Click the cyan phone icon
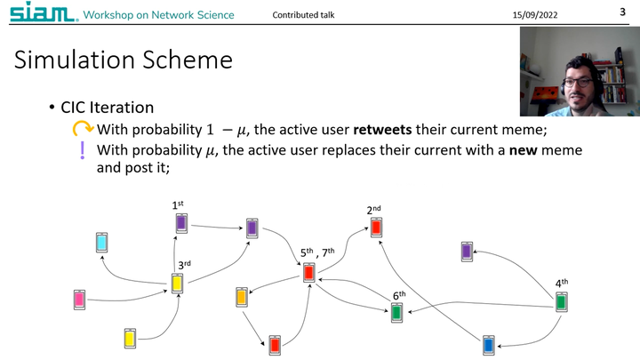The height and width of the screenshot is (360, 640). [x=102, y=242]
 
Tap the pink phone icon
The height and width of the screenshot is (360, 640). [x=80, y=300]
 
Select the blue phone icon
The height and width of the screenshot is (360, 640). [x=487, y=345]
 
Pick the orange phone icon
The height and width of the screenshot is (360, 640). [x=241, y=297]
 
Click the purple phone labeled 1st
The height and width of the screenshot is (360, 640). [x=181, y=223]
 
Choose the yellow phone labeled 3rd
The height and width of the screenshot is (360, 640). [x=178, y=284]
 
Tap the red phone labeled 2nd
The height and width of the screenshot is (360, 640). [x=376, y=228]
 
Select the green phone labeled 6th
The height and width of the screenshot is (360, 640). [x=396, y=312]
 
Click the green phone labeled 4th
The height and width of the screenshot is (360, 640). [x=561, y=302]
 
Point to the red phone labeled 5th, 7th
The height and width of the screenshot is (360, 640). [x=309, y=273]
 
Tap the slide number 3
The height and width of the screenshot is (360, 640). [x=622, y=12]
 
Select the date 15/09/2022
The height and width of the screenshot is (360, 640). [x=536, y=15]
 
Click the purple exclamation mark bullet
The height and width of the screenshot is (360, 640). [x=83, y=150]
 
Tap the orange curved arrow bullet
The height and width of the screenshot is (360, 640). [x=83, y=130]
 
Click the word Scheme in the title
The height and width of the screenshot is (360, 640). [x=185, y=60]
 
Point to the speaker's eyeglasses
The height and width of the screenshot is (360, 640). [x=579, y=81]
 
